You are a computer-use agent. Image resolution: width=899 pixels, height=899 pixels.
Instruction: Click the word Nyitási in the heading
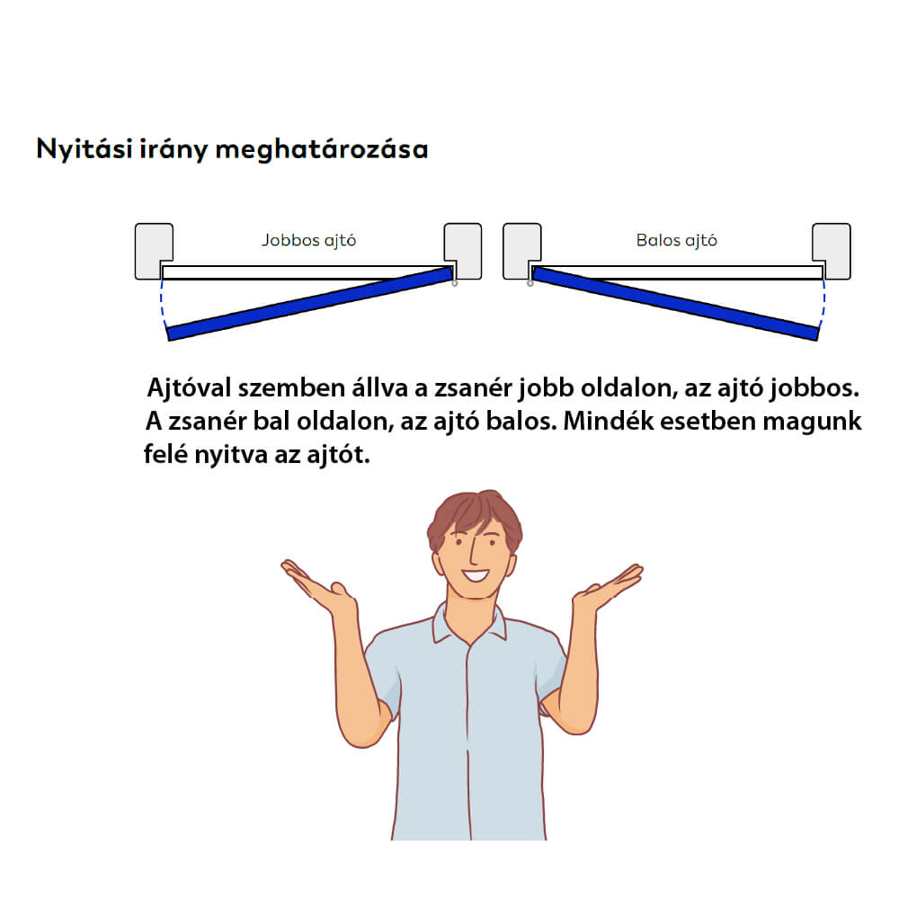[85, 149]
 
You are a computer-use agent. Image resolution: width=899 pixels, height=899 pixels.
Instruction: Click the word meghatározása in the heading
[322, 149]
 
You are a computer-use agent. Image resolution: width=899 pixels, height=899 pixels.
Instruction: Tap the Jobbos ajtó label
[309, 240]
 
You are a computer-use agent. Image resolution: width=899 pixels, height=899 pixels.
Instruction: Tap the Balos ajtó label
[677, 240]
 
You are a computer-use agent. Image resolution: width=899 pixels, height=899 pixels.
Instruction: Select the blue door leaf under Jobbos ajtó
[309, 304]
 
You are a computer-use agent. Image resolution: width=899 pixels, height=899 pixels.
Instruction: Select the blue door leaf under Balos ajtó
[675, 304]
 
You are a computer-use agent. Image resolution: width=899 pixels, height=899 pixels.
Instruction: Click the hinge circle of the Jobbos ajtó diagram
[455, 283]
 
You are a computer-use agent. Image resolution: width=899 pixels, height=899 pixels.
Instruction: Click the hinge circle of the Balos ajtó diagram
[530, 283]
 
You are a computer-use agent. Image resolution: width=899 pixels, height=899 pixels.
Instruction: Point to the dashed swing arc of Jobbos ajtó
[162, 304]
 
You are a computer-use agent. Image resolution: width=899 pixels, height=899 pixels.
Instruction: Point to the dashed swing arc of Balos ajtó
[823, 304]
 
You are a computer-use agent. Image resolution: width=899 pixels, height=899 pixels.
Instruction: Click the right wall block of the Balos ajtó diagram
[832, 251]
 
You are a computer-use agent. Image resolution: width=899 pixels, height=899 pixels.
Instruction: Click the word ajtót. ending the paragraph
[338, 455]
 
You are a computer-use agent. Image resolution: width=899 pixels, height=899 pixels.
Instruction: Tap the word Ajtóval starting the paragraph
[190, 388]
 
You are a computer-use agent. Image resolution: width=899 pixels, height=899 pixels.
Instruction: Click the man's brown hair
[474, 513]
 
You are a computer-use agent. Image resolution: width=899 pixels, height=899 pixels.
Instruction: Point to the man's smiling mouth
[476, 574]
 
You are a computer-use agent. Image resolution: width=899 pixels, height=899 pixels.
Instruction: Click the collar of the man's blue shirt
[469, 624]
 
